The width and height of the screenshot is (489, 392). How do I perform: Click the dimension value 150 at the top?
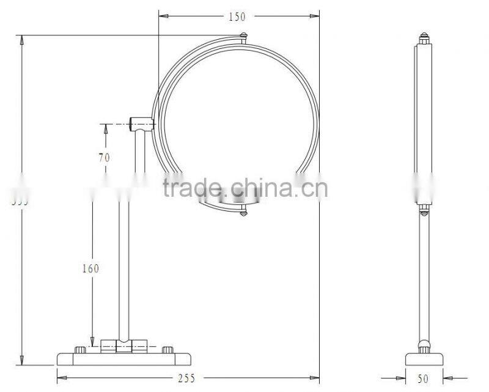238,16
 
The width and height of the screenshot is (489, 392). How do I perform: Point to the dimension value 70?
104,157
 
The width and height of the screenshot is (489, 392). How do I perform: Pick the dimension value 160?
90,268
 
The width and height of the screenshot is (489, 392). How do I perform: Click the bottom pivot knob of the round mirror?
244,213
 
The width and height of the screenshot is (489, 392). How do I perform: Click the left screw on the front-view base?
80,350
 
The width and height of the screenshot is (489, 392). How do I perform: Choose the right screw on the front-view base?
167,350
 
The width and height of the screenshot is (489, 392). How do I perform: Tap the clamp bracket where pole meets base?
123,346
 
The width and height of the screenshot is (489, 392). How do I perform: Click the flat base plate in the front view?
123,358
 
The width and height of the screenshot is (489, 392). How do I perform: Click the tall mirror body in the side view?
424,122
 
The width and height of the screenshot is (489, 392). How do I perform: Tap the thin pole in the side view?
424,275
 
